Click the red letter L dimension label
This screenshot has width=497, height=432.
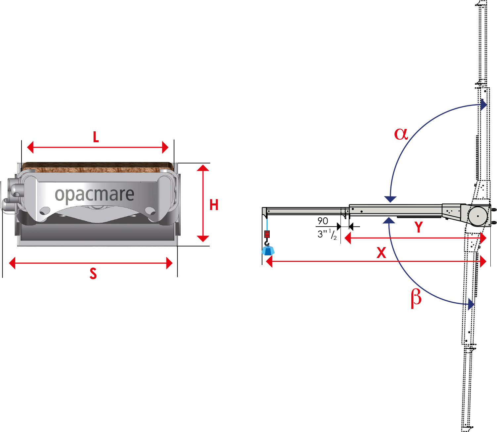[96, 137]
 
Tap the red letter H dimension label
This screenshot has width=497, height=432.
[214, 205]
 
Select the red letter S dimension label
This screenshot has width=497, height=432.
[93, 274]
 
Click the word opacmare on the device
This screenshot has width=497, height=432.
[95, 194]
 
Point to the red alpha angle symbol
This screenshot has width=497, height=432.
[401, 134]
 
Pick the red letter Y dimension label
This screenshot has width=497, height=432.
[419, 227]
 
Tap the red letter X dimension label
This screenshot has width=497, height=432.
[382, 253]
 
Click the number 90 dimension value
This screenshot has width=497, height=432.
[323, 221]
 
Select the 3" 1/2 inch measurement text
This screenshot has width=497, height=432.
[327, 234]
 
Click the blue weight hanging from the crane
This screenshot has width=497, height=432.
[268, 250]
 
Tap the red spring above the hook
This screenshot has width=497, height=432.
[267, 234]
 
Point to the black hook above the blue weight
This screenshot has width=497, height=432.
[267, 243]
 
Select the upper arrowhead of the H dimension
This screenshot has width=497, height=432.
[203, 168]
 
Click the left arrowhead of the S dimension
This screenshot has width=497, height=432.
[12, 263]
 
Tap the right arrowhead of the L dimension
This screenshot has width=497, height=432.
[165, 147]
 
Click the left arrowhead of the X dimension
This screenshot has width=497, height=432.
[269, 261]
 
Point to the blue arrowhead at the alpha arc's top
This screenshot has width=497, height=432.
[483, 105]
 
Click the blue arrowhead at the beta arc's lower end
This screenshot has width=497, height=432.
[471, 304]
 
